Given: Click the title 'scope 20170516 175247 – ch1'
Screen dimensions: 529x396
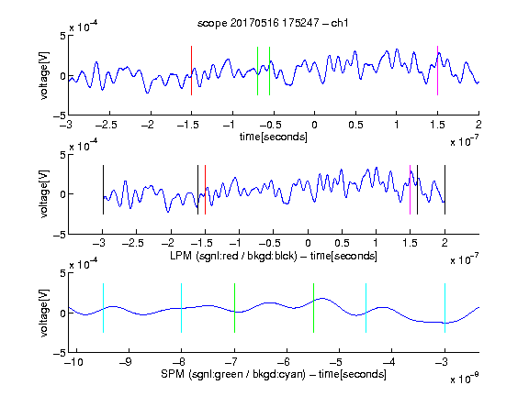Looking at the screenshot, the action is [273, 23].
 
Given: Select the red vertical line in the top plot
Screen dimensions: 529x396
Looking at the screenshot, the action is [191, 71].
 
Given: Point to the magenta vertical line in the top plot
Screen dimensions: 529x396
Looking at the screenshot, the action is [437, 71].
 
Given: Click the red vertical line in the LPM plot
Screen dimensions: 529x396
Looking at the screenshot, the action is [205, 190].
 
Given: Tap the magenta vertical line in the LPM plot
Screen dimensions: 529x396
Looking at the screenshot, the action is [410, 190].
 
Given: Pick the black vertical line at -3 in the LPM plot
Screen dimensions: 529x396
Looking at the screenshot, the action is [103, 190].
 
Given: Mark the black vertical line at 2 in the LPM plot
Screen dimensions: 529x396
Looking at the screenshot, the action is [445, 190].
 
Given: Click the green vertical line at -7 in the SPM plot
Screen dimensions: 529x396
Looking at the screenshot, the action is [234, 308].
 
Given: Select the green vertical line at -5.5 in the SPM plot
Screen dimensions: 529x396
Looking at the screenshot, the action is [313, 308].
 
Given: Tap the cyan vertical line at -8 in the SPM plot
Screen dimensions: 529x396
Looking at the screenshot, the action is [182, 308].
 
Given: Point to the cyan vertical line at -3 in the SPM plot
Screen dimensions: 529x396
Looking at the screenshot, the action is [445, 308].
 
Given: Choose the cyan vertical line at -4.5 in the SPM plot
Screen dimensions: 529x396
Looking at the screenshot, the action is [366, 308].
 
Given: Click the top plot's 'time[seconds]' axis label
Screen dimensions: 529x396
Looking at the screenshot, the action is [274, 137].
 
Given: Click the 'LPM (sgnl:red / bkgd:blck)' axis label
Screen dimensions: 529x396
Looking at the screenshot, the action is [233, 256].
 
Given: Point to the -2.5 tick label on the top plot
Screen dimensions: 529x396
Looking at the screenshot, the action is [106, 125].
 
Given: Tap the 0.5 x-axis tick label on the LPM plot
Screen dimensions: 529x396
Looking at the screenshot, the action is [342, 243].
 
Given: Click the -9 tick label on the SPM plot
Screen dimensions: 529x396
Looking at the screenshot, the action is [126, 362].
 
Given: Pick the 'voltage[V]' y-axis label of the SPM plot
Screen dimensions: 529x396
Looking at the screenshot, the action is [44, 313].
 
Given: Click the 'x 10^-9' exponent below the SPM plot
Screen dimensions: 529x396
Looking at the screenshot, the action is [464, 378].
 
